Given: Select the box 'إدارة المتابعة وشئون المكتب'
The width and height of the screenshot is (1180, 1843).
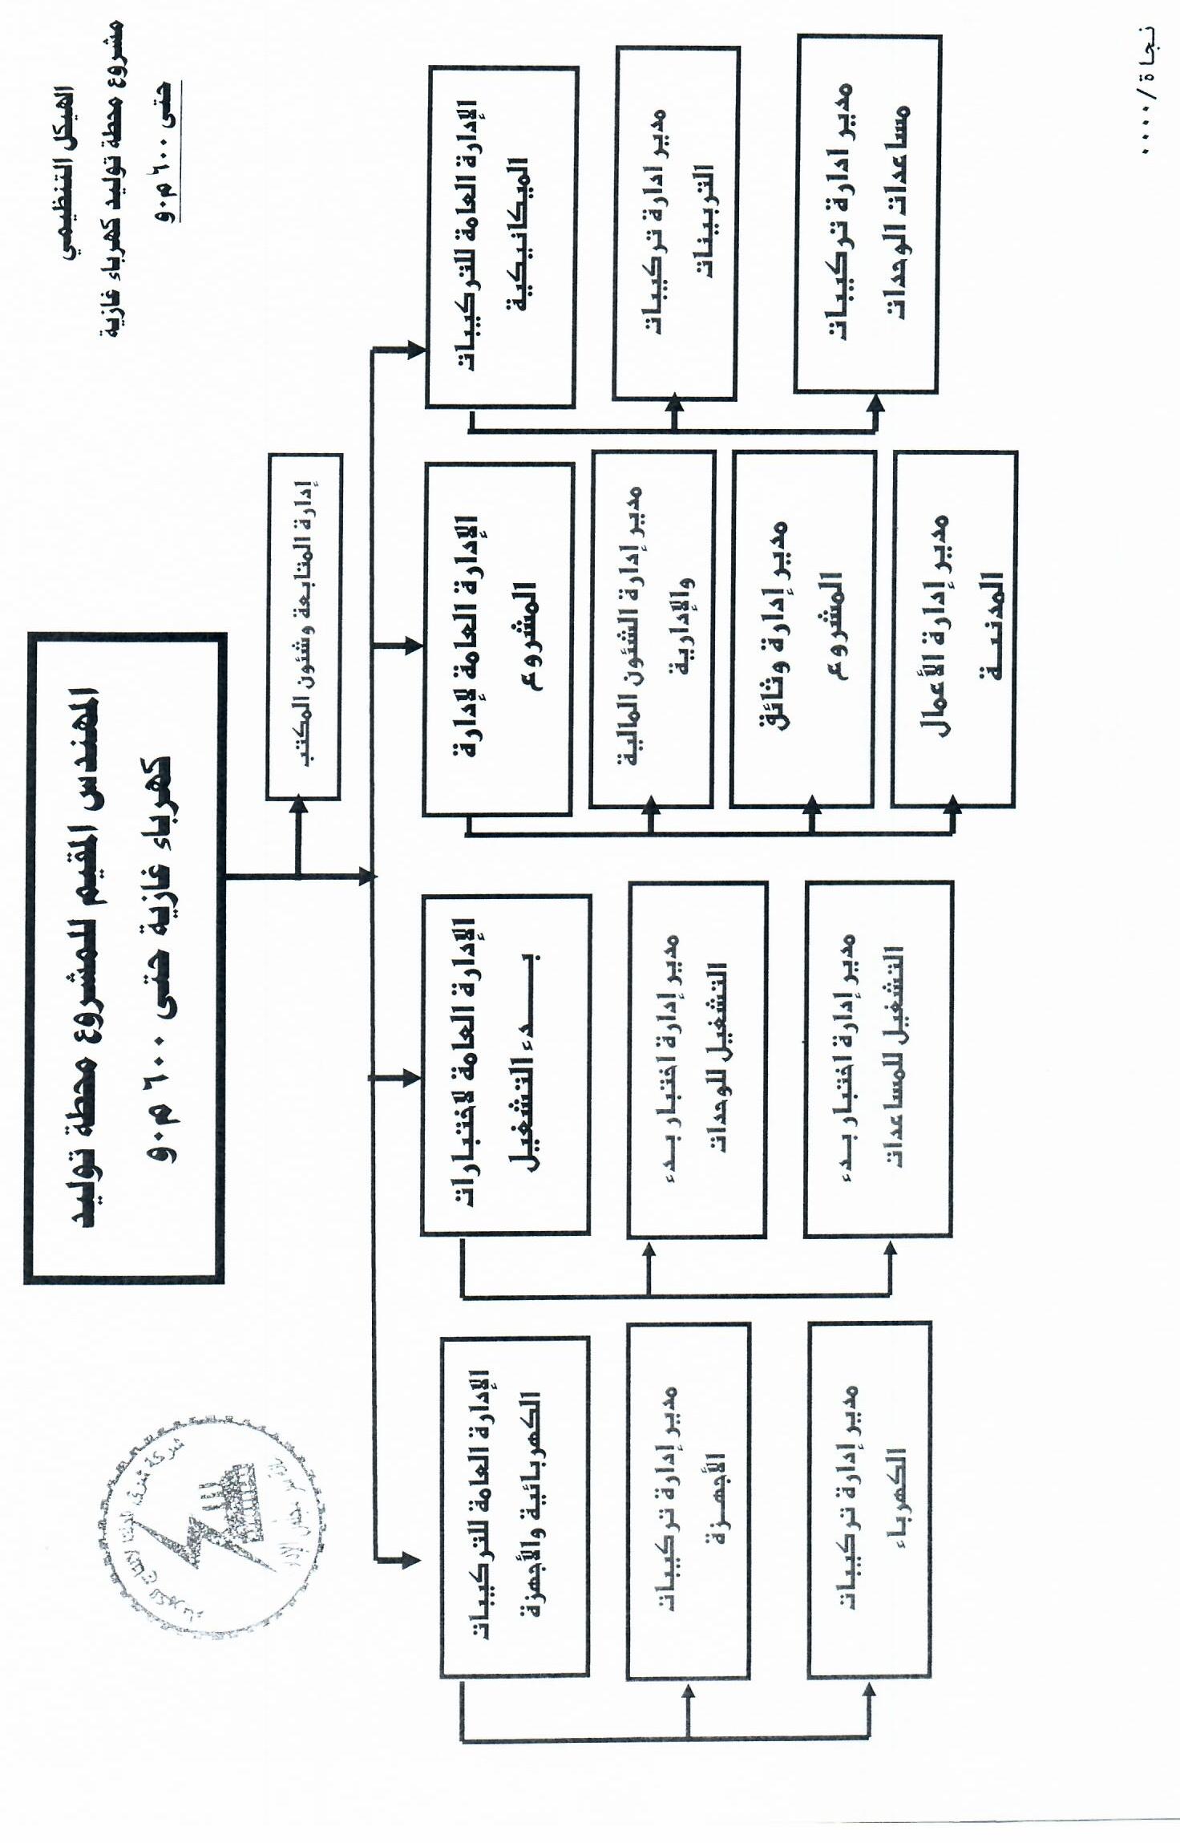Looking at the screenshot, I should [x=304, y=626].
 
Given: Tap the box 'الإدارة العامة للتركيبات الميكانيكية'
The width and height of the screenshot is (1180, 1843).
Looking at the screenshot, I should [x=502, y=237].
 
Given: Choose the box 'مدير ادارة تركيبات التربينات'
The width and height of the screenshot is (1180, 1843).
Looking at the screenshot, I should [x=676, y=223].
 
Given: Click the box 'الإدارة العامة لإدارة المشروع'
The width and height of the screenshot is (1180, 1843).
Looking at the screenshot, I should [x=498, y=638].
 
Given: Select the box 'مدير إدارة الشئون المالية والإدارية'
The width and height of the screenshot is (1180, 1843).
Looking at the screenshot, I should [x=652, y=629].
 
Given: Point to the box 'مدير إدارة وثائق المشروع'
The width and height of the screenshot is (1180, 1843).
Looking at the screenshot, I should [x=802, y=629].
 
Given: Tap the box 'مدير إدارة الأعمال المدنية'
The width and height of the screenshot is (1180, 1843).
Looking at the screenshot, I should [x=954, y=629].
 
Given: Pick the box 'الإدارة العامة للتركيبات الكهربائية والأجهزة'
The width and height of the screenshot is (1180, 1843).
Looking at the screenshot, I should [x=515, y=1507].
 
